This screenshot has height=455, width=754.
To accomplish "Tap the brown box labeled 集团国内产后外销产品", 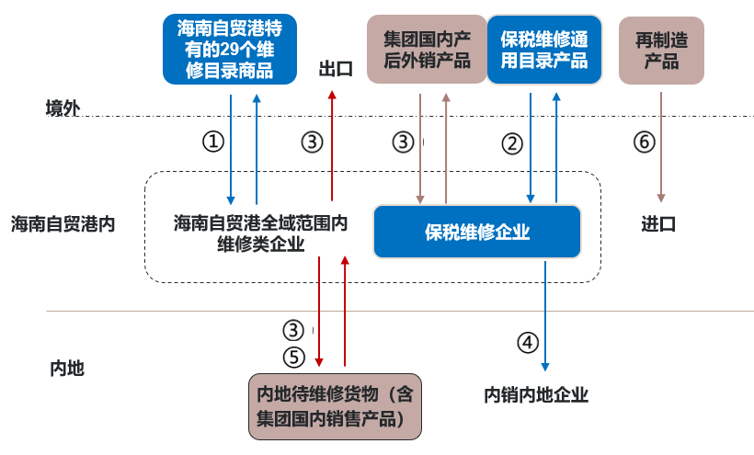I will [427, 50].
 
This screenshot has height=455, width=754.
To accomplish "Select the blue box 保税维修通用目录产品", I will [543, 50].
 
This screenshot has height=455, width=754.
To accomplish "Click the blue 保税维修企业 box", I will [477, 232].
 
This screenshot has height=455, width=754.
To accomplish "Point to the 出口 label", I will [336, 70].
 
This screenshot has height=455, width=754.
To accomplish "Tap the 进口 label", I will [658, 223].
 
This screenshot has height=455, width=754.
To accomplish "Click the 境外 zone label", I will [63, 108].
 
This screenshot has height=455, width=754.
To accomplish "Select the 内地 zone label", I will [66, 369].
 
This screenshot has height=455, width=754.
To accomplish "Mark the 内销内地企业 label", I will [536, 395].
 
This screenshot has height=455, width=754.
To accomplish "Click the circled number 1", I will [213, 142].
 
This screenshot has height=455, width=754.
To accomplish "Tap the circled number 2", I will [512, 143].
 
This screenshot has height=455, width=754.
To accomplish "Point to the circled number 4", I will [527, 343].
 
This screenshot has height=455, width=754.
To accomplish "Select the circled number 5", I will [292, 357].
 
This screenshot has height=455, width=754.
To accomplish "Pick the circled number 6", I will [645, 142].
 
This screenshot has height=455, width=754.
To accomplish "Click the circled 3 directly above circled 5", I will [292, 330].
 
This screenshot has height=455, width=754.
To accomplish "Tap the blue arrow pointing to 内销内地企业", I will [545, 313].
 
